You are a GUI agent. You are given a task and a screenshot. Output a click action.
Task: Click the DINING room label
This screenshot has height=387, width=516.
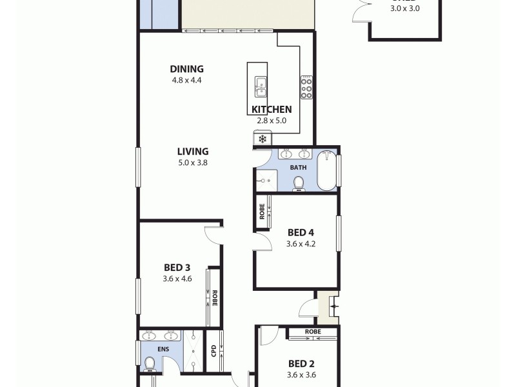pos(186,69)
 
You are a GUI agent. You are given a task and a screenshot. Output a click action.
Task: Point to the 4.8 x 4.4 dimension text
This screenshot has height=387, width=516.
pos(186,81)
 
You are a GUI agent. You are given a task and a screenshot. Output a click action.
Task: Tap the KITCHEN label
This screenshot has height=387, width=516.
pos(272,110)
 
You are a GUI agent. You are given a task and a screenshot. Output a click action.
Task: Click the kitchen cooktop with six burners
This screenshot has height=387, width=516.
pos(306,88)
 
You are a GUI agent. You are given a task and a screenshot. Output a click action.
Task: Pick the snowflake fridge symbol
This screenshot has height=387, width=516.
pos(263,139)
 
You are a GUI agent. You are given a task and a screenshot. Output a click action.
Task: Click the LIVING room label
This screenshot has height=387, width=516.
pos(193,152)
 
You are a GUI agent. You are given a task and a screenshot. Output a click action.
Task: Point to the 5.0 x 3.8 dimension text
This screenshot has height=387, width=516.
pos(193,163)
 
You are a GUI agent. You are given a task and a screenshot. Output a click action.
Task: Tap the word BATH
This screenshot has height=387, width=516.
pos(298,168)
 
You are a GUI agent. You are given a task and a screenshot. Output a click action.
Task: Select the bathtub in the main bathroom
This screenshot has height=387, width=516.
pos(326,170)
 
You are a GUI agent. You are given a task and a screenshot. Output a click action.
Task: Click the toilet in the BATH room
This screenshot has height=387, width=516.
pos(299,183)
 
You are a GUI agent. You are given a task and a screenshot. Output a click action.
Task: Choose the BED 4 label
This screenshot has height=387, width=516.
pos(301,233)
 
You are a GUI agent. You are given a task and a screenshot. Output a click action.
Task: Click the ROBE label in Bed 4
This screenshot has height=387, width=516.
pos(262,212)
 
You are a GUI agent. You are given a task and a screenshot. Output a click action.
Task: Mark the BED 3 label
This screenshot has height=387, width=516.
pos(177,268)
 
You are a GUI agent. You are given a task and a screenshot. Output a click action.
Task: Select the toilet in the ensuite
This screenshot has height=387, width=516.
pos(150,364)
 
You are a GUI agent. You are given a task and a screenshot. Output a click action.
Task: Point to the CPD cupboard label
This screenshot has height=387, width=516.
pos(213,350)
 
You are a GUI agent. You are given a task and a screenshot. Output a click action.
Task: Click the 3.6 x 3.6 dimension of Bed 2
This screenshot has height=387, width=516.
pos(302,375)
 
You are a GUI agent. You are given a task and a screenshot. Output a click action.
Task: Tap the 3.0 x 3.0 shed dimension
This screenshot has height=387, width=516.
pos(405,9)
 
